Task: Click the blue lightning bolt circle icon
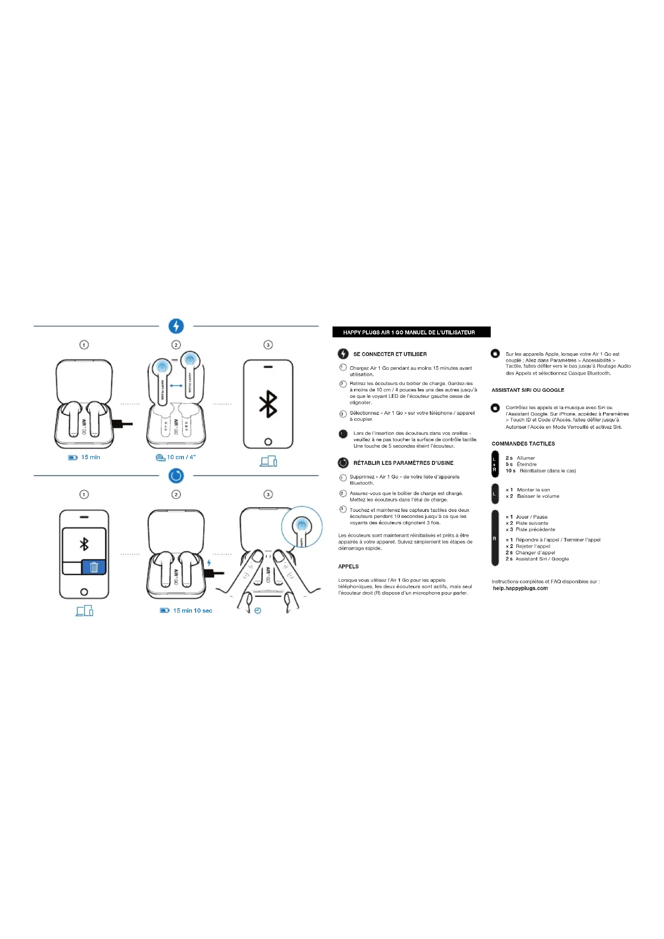click(x=176, y=326)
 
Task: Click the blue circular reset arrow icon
click(x=176, y=476)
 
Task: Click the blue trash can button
click(x=94, y=567)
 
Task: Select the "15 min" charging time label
click(x=90, y=457)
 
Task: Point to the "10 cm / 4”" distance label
click(x=181, y=457)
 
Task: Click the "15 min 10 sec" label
click(x=193, y=611)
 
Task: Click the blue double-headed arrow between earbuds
click(x=176, y=386)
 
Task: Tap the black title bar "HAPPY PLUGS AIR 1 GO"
click(x=411, y=332)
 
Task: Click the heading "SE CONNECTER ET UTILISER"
click(x=390, y=354)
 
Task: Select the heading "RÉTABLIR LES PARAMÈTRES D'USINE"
click(x=403, y=463)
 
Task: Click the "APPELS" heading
click(x=348, y=566)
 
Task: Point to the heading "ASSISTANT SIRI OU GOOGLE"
click(x=528, y=390)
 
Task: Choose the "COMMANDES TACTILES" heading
click(x=523, y=444)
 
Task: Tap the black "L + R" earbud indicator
click(x=495, y=464)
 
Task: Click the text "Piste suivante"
click(x=532, y=523)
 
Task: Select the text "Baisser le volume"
click(x=538, y=496)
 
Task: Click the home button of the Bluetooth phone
click(x=268, y=442)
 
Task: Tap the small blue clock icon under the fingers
click(x=258, y=611)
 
